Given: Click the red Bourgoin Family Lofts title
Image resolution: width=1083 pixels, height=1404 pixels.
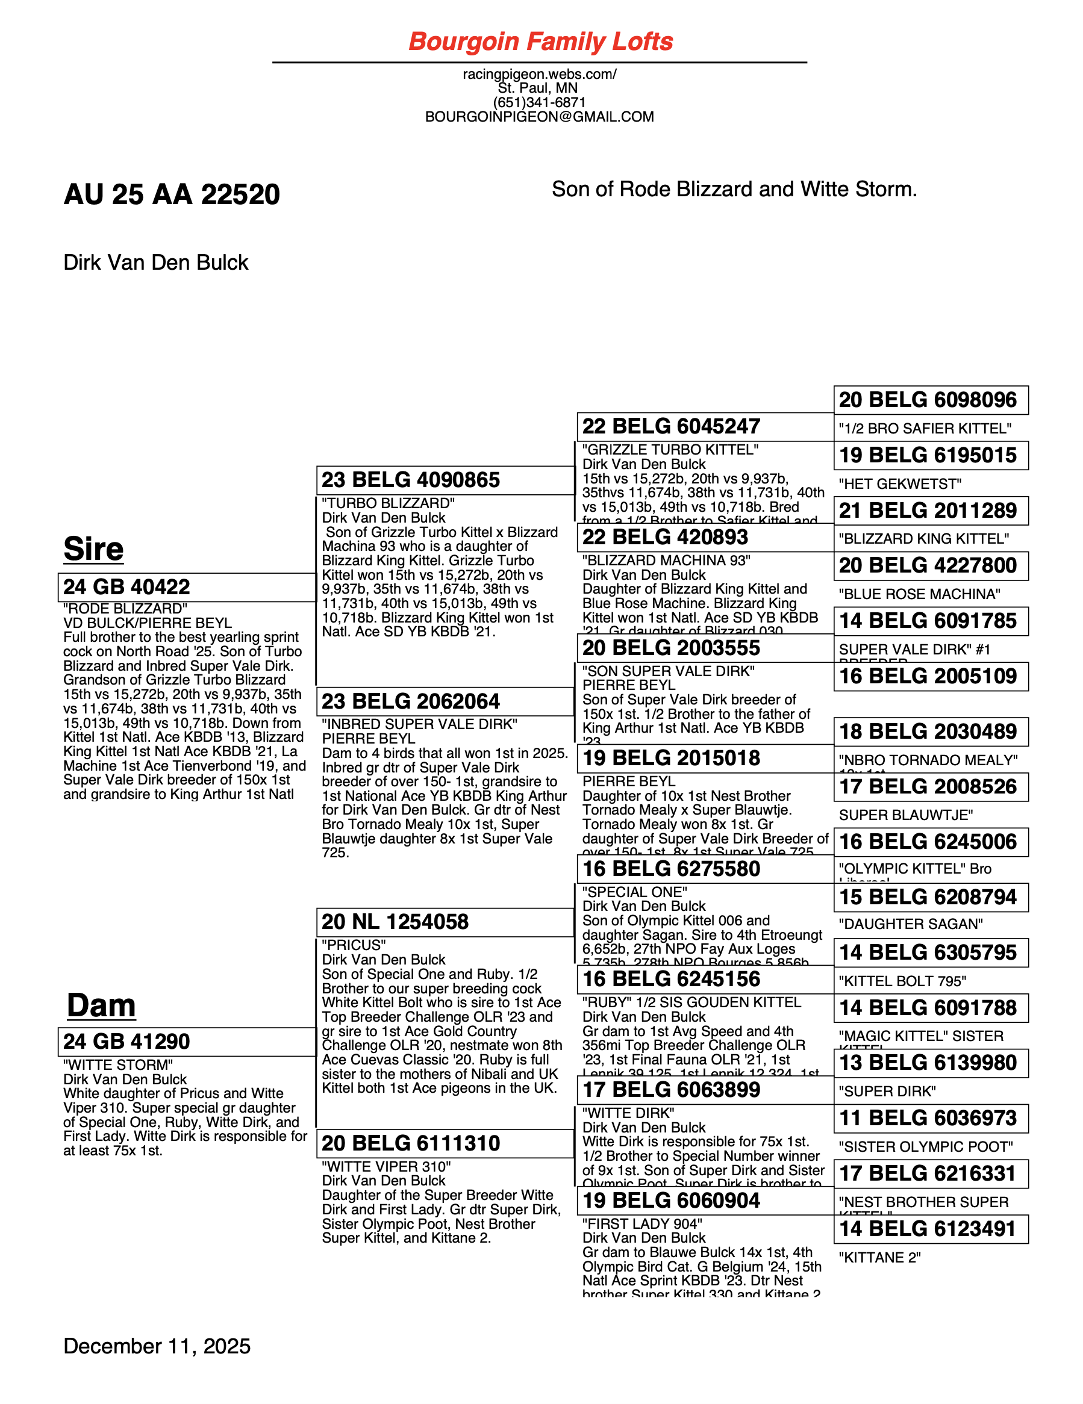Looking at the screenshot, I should point(540,42).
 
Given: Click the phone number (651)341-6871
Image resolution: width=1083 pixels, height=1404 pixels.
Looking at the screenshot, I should point(539,102).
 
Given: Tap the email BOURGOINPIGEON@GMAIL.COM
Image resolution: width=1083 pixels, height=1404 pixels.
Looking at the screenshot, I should point(539,117).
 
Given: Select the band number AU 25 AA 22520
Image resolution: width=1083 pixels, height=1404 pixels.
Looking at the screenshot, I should point(172,194).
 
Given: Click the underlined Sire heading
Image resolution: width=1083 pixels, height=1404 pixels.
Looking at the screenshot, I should point(93,548).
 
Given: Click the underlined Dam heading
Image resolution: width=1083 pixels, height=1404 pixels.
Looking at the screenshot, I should point(101,1005).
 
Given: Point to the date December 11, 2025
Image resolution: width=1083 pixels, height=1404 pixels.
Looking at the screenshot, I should point(157,1346).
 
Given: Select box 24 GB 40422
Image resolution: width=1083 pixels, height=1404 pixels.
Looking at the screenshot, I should point(187,587).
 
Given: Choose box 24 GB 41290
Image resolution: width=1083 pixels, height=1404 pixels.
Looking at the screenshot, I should point(187,1042).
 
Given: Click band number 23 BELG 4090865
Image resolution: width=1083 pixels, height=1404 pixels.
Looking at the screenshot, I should point(411,480).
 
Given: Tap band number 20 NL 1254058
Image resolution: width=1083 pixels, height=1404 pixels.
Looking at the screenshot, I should point(395,922).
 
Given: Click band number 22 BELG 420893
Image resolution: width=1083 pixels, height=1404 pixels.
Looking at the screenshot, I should point(665,537).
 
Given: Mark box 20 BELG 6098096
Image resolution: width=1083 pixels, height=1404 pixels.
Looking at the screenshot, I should point(930,400).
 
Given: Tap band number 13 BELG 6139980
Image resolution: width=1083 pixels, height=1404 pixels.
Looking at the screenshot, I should point(928,1063).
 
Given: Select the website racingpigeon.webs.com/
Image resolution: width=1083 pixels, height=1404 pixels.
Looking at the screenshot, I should point(539,74).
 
